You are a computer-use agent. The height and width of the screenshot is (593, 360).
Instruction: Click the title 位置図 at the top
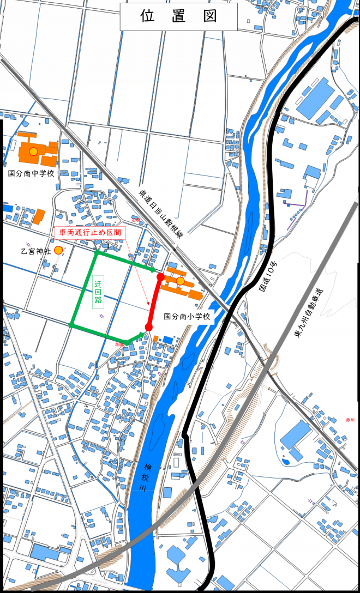click(179, 16)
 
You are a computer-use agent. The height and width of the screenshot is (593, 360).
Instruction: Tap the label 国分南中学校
click(31, 173)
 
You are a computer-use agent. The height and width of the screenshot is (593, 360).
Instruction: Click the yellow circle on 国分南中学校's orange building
click(33, 151)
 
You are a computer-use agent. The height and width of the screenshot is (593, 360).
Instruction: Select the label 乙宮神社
click(35, 251)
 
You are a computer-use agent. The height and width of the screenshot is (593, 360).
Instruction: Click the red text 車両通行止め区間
click(91, 232)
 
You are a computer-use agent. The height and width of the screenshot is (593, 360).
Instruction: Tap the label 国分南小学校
click(187, 316)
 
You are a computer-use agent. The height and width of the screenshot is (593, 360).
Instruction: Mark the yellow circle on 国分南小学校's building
click(180, 281)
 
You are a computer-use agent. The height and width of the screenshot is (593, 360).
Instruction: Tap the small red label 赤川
click(350, 420)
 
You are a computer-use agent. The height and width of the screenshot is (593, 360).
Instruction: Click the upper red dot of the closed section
click(160, 277)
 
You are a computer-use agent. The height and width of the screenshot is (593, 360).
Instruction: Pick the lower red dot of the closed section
click(148, 327)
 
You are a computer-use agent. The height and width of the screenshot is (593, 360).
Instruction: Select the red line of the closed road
click(155, 301)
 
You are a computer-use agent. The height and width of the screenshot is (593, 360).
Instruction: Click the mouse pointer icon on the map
click(335, 503)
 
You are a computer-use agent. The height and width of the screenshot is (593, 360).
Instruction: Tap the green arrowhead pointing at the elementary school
click(153, 269)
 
